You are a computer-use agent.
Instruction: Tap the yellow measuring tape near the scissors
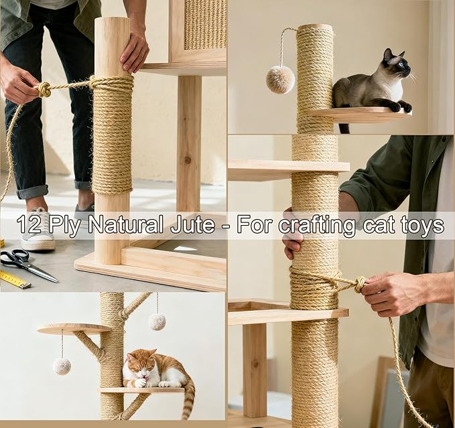click(x=15, y=279)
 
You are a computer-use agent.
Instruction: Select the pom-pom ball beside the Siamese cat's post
click(x=280, y=80)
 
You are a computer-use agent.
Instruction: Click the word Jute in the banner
click(x=193, y=225)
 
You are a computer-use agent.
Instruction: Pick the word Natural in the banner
click(x=125, y=225)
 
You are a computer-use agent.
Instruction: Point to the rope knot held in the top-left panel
click(x=44, y=90)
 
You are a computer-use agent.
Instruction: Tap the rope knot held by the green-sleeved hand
click(x=360, y=284)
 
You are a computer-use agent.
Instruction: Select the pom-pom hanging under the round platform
click(x=62, y=366)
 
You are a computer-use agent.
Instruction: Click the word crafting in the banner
click(x=316, y=225)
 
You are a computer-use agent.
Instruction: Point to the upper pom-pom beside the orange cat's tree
click(x=157, y=322)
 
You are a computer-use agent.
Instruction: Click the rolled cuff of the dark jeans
click(x=32, y=192)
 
